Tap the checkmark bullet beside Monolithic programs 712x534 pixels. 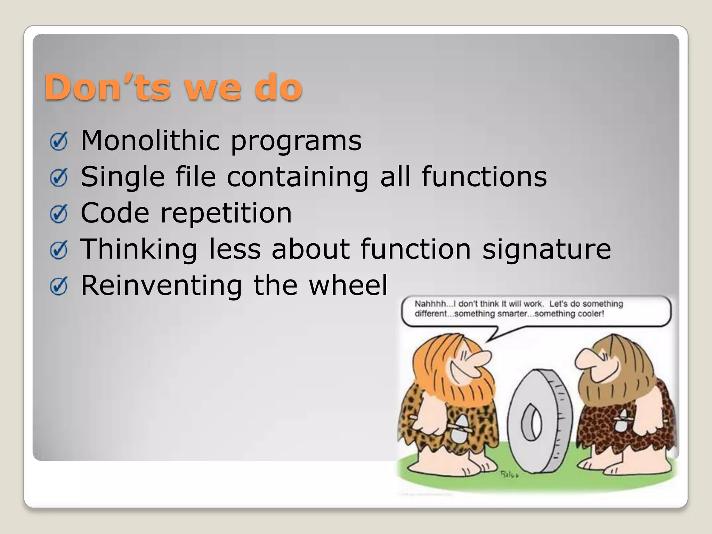(x=58, y=142)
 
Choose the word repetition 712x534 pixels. (x=226, y=213)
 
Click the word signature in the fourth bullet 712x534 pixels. (x=546, y=250)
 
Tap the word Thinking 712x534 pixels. (x=139, y=250)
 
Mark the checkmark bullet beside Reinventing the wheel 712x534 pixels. (x=58, y=286)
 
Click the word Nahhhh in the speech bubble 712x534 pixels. (x=430, y=304)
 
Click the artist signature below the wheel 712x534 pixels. (x=510, y=475)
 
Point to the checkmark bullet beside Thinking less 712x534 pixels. (x=58, y=250)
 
